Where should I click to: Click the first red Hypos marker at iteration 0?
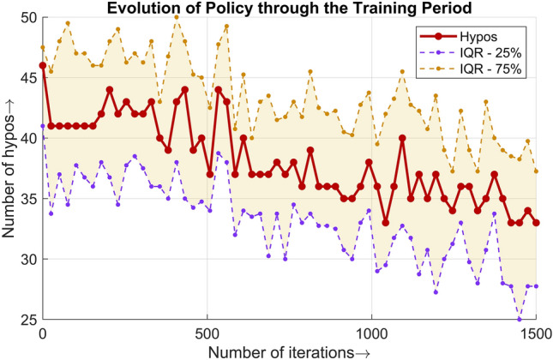42,65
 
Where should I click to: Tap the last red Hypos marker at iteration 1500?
536,223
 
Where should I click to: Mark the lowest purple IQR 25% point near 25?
520,319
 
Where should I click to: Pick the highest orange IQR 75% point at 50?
177,17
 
